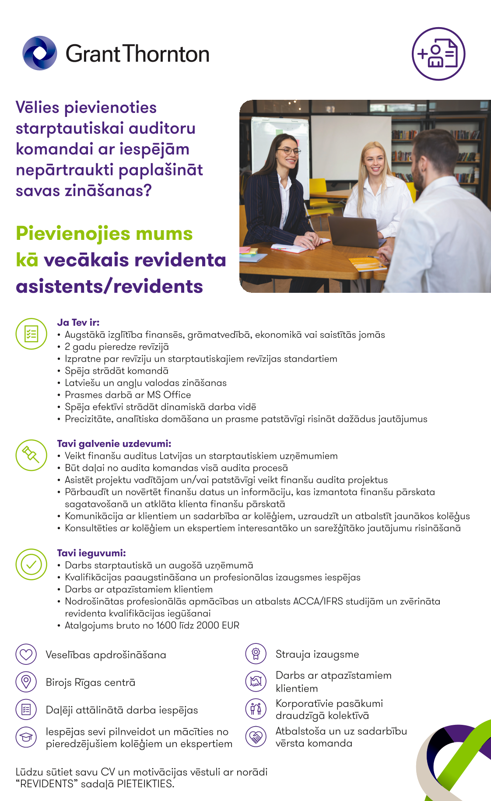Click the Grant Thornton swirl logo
click(x=40, y=53)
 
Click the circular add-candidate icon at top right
click(x=438, y=54)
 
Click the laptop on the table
click(x=354, y=231)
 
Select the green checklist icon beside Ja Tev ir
click(x=31, y=334)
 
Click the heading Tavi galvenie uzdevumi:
click(x=114, y=443)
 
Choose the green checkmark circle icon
click(x=31, y=564)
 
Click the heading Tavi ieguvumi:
click(x=91, y=553)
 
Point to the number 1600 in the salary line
click(x=166, y=625)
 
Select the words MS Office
click(x=169, y=395)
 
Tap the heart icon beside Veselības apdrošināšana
click(x=26, y=654)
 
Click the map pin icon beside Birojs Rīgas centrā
click(x=26, y=682)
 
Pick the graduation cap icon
click(x=26, y=737)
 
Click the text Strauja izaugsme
click(x=317, y=654)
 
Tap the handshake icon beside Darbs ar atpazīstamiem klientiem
click(x=256, y=681)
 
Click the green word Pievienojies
click(x=73, y=234)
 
